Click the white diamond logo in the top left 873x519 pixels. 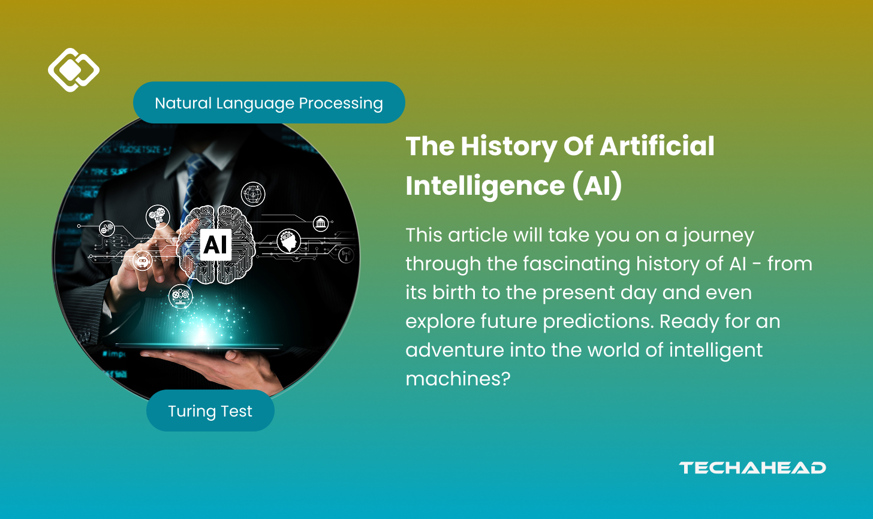[x=73, y=70]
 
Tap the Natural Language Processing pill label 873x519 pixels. [x=269, y=103]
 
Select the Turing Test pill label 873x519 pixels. [x=210, y=411]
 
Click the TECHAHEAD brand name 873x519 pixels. [x=752, y=468]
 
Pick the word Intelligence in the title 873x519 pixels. [x=484, y=186]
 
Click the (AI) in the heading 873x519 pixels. [x=596, y=186]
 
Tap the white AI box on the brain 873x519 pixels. [x=215, y=244]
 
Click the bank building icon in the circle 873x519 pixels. [x=320, y=224]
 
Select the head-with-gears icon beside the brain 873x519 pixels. [x=289, y=241]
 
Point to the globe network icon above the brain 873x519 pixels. [x=252, y=194]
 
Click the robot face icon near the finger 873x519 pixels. [x=143, y=261]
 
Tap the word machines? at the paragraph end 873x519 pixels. [x=457, y=379]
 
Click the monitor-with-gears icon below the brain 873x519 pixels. [x=180, y=295]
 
